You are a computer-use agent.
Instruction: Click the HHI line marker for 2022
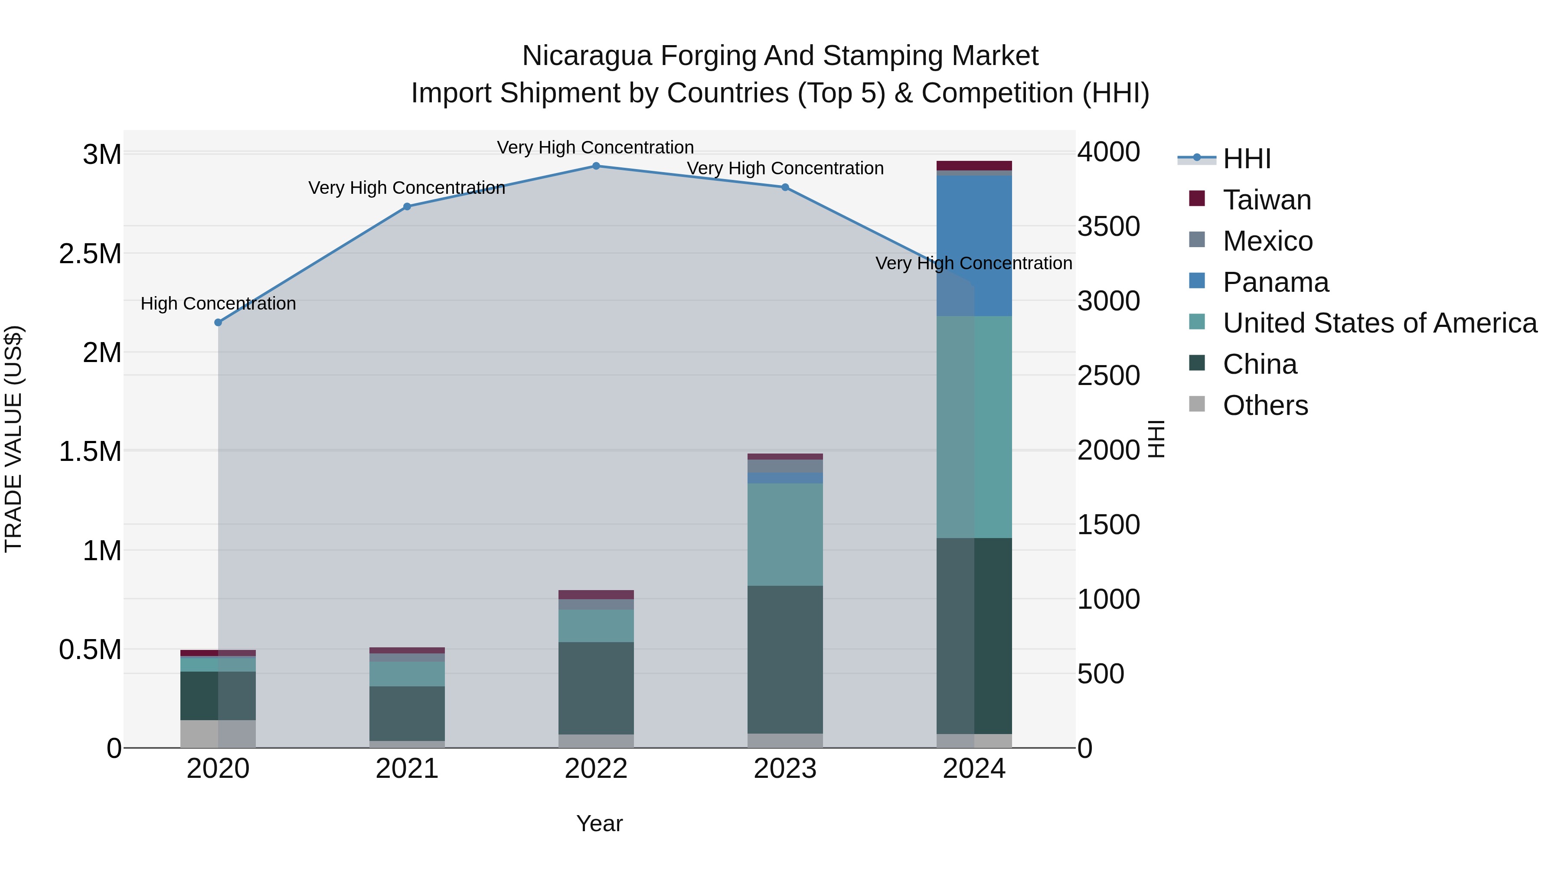tap(596, 166)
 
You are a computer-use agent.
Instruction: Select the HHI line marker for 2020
tap(218, 322)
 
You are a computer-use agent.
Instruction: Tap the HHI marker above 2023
tap(785, 187)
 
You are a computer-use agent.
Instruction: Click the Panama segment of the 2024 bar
tap(974, 245)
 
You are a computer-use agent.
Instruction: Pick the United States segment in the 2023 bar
tap(785, 535)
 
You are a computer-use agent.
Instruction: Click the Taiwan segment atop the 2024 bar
tap(974, 166)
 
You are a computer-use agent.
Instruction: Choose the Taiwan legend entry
tap(1267, 200)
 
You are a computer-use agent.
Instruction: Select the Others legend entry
tap(1265, 405)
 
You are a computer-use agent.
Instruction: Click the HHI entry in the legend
tap(1246, 159)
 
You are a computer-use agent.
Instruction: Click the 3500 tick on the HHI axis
tap(1108, 227)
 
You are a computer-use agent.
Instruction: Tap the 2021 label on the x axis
tap(407, 769)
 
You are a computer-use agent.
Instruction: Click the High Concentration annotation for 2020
tap(218, 304)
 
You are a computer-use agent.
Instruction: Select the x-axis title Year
tap(599, 823)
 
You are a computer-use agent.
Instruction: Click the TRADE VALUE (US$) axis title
tap(13, 439)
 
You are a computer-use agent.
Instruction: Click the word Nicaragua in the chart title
tap(587, 56)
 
